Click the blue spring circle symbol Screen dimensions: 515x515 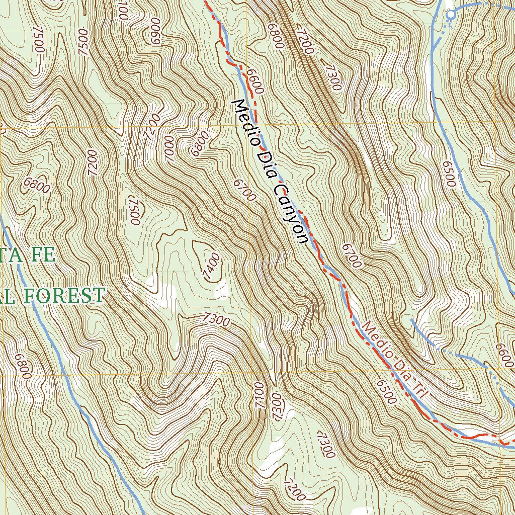[x=451, y=15]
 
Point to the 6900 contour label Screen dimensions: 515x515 [x=155, y=32]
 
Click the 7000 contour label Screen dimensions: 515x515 [x=169, y=148]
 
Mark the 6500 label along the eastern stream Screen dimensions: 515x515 [x=449, y=174]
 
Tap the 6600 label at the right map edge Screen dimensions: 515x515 [x=505, y=355]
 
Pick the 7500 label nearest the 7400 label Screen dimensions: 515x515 [x=133, y=210]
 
